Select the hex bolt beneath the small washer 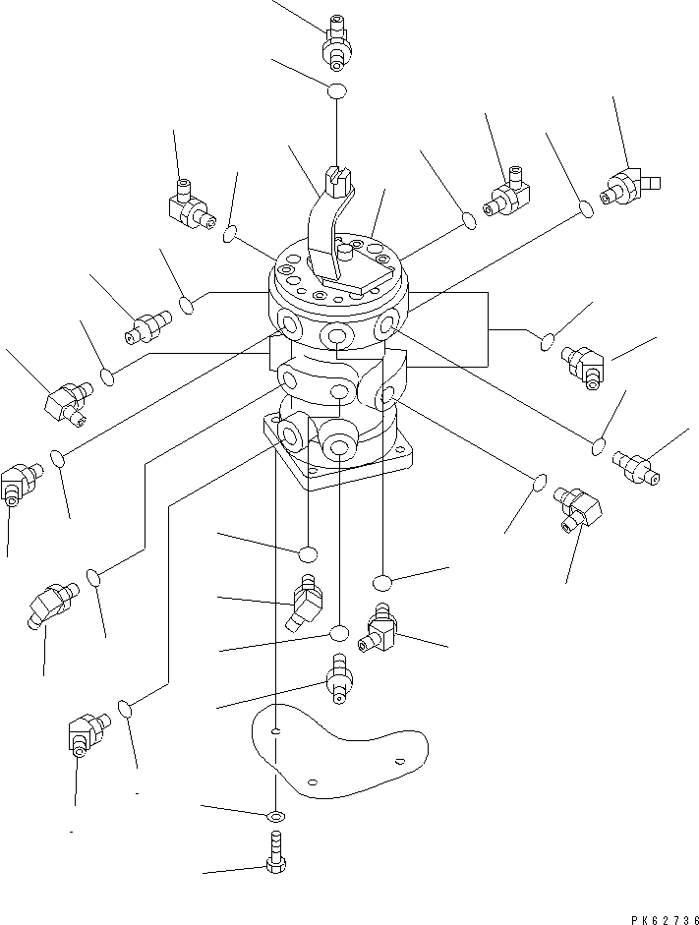tap(274, 852)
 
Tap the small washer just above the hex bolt tap(275, 815)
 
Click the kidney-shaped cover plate tap(339, 750)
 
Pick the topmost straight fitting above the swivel tap(336, 43)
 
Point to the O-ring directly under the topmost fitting tap(337, 91)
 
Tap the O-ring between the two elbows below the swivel tap(339, 633)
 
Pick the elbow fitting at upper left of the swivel tap(190, 204)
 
